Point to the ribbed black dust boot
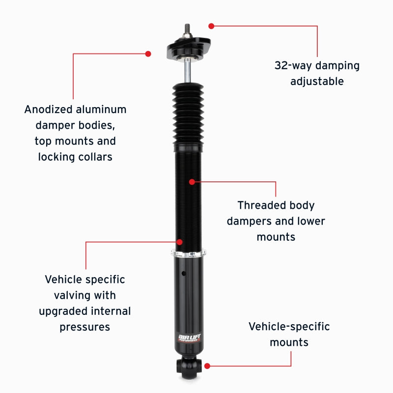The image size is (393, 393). click(x=188, y=115)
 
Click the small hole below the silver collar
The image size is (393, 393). click(x=183, y=274)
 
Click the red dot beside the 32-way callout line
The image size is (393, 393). click(x=211, y=26)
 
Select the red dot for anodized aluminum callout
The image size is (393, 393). click(x=148, y=53)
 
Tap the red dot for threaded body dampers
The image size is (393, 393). click(x=192, y=182)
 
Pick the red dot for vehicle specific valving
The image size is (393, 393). click(x=180, y=242)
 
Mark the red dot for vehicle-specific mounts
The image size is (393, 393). click(x=207, y=366)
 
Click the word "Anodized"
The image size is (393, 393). click(x=47, y=109)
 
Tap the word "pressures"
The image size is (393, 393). click(x=85, y=327)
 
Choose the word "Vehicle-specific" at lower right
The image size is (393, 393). click(x=289, y=326)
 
